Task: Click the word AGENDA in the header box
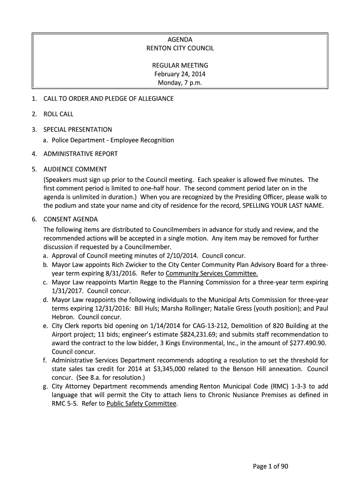point(180,40)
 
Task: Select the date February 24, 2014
point(180,74)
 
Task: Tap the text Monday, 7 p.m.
point(180,83)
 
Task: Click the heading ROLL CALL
point(58,114)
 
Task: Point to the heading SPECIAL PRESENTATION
point(78,129)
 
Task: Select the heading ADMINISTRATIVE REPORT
point(80,153)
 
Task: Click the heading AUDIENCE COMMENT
point(75,169)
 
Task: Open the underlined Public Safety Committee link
point(142,404)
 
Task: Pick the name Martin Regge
point(137,283)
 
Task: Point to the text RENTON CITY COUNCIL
point(180,48)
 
